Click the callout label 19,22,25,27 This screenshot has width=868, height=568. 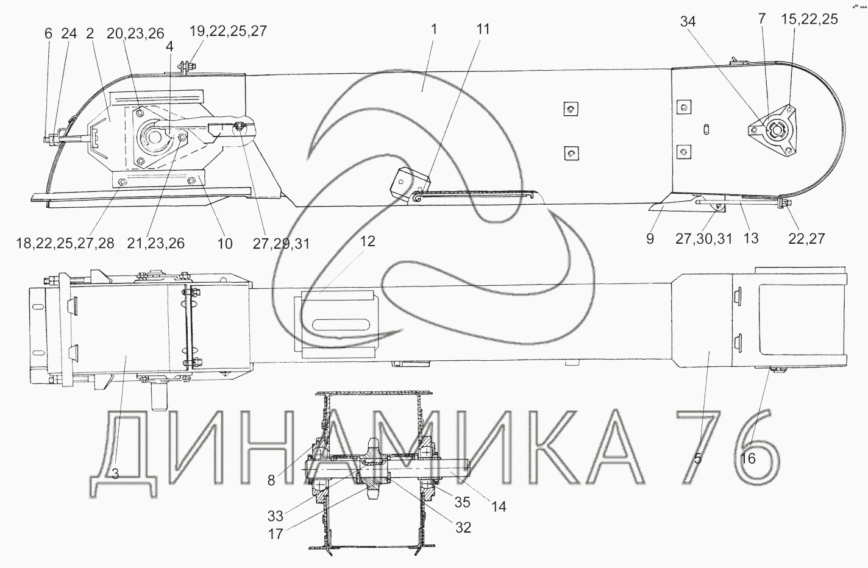click(228, 31)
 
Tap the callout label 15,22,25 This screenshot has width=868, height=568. click(809, 19)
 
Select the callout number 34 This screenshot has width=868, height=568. click(688, 22)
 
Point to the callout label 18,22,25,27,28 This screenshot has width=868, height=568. click(65, 243)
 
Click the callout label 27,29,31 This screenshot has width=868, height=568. click(281, 244)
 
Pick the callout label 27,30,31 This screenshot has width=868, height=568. click(703, 239)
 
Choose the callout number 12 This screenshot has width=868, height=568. click(368, 241)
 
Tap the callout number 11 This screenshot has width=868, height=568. click(483, 29)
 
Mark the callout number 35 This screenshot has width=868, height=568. click(462, 502)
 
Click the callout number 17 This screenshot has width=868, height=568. click(276, 534)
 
